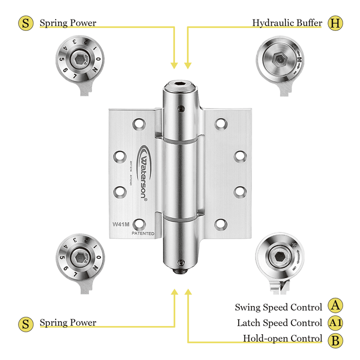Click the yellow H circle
click(x=335, y=23)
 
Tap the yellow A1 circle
click(x=335, y=323)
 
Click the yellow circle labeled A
click(x=335, y=307)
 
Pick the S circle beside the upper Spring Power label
click(x=25, y=23)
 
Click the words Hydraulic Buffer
click(x=287, y=23)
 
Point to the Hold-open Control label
click(x=282, y=339)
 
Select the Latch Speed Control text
click(x=279, y=323)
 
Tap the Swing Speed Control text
click(x=278, y=307)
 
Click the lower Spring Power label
click(x=68, y=323)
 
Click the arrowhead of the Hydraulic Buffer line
click(x=188, y=65)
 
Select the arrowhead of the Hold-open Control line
click(x=188, y=292)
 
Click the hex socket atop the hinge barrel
click(x=181, y=83)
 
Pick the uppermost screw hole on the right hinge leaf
click(x=221, y=123)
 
